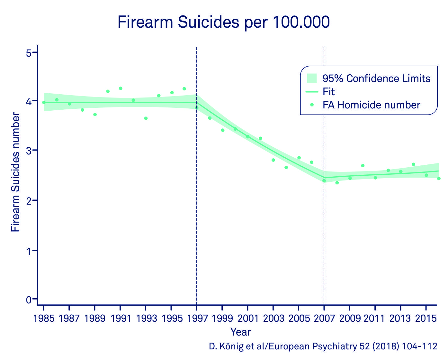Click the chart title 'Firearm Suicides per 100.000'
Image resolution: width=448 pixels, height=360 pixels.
[x=224, y=23]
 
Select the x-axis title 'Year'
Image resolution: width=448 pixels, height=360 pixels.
[x=240, y=332]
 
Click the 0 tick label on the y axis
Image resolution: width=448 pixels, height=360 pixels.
[x=29, y=300]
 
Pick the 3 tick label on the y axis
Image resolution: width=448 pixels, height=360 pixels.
[x=29, y=150]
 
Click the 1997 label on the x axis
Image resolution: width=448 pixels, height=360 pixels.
[x=197, y=318]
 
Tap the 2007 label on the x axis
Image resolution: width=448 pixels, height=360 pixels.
[x=324, y=318]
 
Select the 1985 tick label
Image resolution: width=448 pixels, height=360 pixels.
[x=44, y=318]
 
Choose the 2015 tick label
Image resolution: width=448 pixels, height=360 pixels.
[x=426, y=318]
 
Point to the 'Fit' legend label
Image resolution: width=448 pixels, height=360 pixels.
[x=329, y=92]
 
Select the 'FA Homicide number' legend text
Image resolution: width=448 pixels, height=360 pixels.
[x=371, y=105]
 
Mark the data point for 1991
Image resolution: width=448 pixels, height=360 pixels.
[x=121, y=88]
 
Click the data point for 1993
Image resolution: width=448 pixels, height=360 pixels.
[x=146, y=118]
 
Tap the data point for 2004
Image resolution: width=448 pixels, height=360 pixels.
[x=286, y=167]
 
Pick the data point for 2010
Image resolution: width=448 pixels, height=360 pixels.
[x=363, y=166]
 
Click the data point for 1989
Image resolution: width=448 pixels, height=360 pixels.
[x=95, y=115]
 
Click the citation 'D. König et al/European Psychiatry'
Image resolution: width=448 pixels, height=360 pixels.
[x=323, y=346]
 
